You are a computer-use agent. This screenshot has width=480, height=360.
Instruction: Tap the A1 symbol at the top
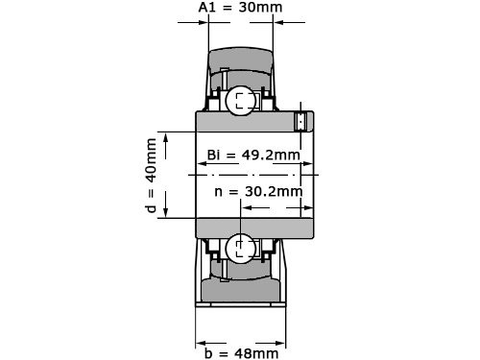click(206, 9)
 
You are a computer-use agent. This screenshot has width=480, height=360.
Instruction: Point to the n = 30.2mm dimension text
click(258, 191)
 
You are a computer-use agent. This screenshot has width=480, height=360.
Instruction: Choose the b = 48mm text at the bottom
click(240, 351)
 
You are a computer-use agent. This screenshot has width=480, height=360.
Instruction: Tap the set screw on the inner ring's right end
click(300, 121)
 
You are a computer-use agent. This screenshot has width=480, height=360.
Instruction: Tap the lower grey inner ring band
click(254, 228)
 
